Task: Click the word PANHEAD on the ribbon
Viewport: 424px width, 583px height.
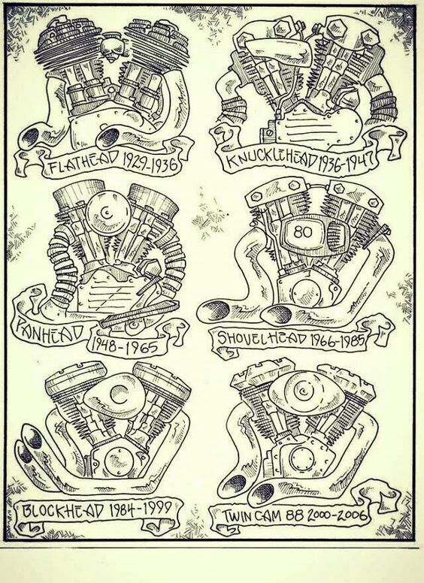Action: pyautogui.click(x=48, y=332)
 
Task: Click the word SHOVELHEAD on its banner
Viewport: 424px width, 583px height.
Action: pyautogui.click(x=263, y=339)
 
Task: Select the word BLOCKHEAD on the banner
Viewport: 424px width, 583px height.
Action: pyautogui.click(x=63, y=510)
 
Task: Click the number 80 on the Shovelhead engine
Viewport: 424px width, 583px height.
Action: pyautogui.click(x=303, y=232)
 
